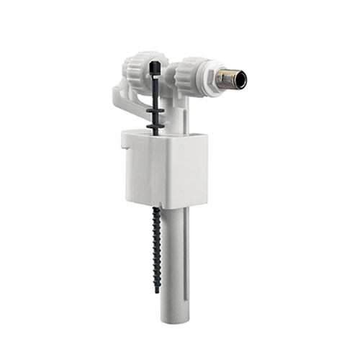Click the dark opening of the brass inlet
pos(240,79)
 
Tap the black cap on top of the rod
pos(156,66)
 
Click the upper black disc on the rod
pos(156,112)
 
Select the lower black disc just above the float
pos(156,126)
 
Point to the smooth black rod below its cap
pos(156,90)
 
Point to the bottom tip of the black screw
pos(157,290)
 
